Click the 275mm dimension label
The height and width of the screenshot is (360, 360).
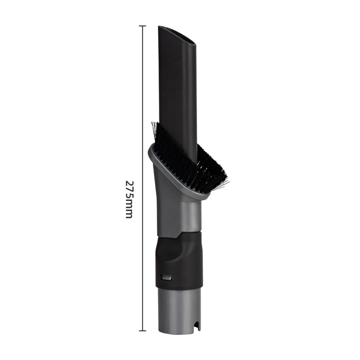[129, 199]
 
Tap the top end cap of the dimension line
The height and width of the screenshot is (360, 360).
[143, 26]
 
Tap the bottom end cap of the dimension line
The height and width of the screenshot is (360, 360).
[143, 331]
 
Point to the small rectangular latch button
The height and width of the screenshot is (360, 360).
[166, 278]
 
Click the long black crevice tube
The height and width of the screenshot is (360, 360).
[178, 90]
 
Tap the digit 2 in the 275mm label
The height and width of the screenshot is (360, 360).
[129, 184]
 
